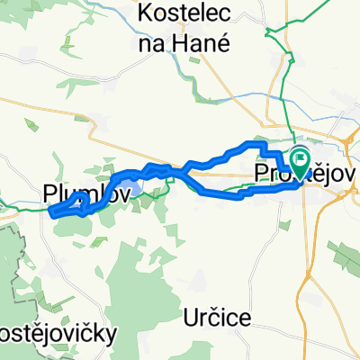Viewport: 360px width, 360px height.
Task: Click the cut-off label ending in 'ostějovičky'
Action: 58,334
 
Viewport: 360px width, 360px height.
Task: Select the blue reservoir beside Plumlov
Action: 128,188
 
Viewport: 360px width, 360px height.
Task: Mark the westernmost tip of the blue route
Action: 50,212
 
